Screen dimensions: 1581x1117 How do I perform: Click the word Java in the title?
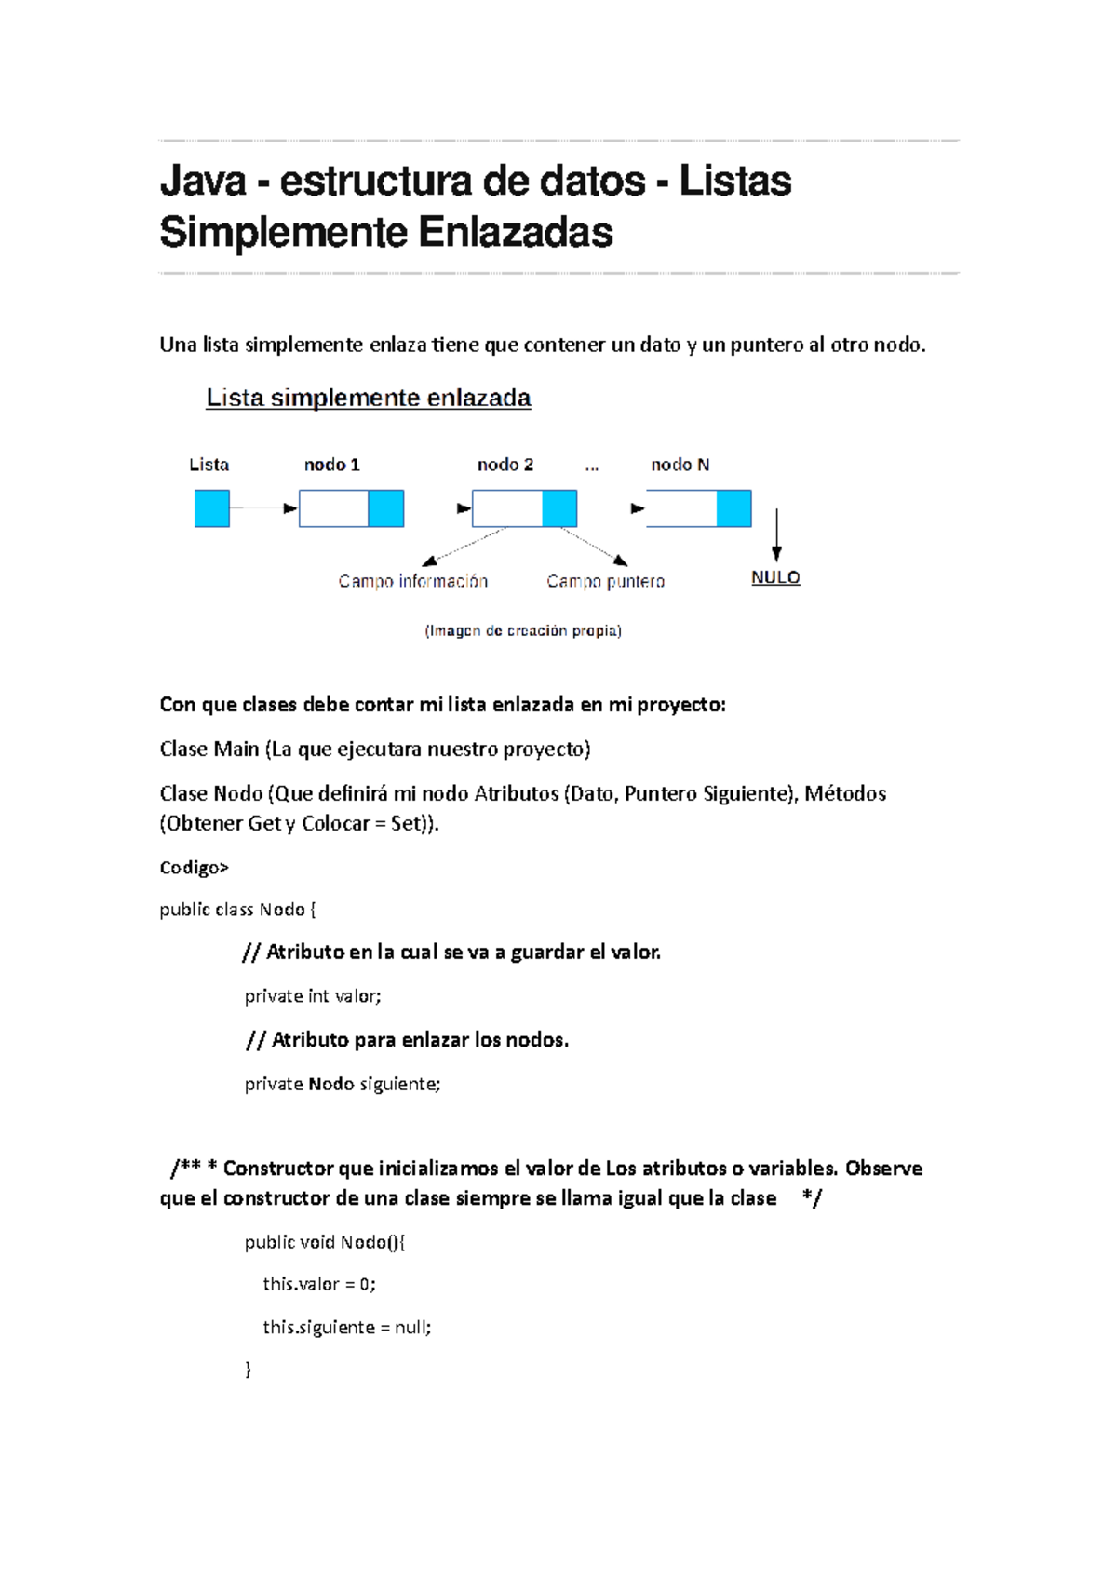pyautogui.click(x=202, y=181)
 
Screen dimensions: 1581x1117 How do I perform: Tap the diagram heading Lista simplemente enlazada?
pyautogui.click(x=368, y=398)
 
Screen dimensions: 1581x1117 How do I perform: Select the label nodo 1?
pyautogui.click(x=331, y=465)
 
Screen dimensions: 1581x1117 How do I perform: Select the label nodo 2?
pyautogui.click(x=505, y=465)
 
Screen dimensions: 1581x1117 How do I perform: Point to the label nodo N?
pyautogui.click(x=680, y=465)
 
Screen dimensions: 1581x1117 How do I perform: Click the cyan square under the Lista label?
pyautogui.click(x=212, y=509)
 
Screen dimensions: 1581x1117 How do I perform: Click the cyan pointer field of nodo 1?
pyautogui.click(x=386, y=509)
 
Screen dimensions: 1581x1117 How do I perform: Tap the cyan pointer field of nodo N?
pyautogui.click(x=733, y=509)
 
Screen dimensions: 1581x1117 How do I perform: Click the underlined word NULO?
pyautogui.click(x=775, y=577)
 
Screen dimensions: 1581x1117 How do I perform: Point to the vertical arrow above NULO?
pyautogui.click(x=776, y=534)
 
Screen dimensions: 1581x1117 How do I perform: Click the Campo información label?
pyautogui.click(x=412, y=581)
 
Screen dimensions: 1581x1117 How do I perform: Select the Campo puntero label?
pyautogui.click(x=605, y=581)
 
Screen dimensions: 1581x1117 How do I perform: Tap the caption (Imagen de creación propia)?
pyautogui.click(x=523, y=630)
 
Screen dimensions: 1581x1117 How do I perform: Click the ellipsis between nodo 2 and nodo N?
pyautogui.click(x=592, y=466)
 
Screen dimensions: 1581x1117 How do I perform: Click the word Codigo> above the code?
pyautogui.click(x=194, y=868)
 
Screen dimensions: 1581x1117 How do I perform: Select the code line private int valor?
pyautogui.click(x=313, y=996)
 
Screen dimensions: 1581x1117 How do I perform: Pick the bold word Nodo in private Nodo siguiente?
pyautogui.click(x=331, y=1084)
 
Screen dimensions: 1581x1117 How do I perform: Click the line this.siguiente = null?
pyautogui.click(x=346, y=1327)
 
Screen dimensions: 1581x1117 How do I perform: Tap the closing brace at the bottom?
pyautogui.click(x=248, y=1369)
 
